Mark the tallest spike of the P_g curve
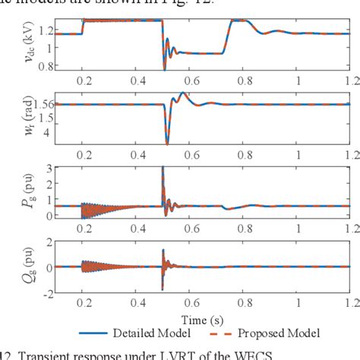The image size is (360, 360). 163,168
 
